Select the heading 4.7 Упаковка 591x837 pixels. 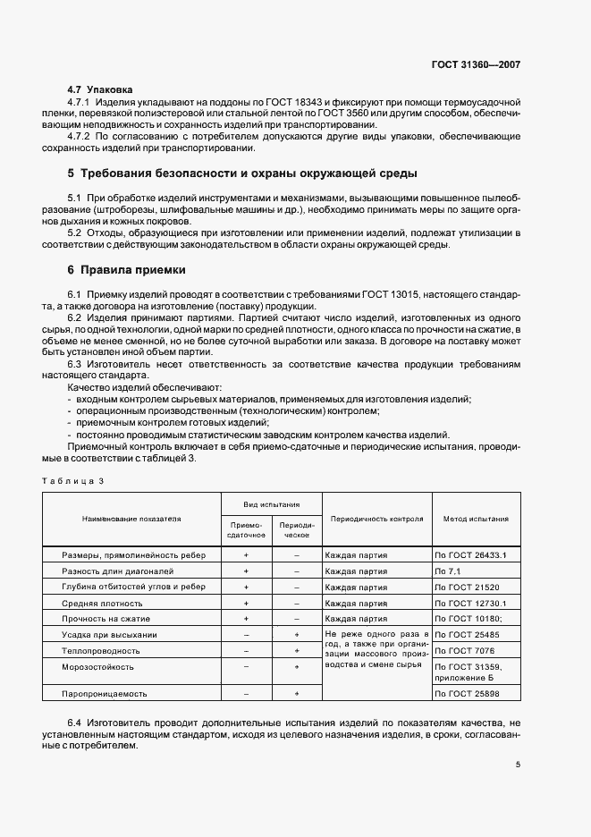100,90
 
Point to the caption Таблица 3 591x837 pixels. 74,481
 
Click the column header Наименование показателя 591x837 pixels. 131,519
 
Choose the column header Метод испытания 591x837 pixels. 476,519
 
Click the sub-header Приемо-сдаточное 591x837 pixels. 245,530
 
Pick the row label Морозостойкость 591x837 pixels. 98,667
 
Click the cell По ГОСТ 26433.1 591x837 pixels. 470,555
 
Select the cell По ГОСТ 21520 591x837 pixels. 466,587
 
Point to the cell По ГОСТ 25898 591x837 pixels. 466,694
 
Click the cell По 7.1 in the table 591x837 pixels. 447,571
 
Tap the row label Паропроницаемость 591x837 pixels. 105,694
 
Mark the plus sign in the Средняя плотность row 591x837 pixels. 245,603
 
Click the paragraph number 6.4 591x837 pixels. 77,722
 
